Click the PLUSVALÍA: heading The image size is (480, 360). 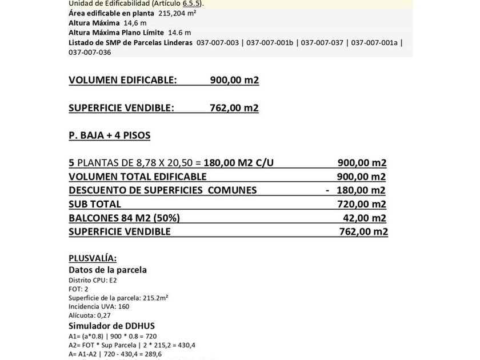(93, 258)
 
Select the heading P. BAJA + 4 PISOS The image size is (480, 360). (109, 135)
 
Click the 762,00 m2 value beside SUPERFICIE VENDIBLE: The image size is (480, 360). (234, 108)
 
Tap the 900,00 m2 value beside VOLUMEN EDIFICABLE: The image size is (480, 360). (234, 80)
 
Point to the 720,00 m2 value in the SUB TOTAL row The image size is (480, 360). (362, 204)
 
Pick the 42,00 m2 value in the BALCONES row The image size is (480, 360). (364, 218)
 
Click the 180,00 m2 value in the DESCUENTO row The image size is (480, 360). (361, 190)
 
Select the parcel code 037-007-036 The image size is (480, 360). (90, 52)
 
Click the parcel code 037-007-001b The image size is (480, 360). (270, 42)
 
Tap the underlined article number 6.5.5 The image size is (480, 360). (191, 3)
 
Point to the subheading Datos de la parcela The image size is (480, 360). (107, 270)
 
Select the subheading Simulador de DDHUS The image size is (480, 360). (111, 326)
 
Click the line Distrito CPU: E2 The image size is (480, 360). (93, 280)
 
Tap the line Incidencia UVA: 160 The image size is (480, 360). (99, 306)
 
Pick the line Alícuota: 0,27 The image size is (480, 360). (90, 315)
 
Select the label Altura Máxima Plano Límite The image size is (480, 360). (116, 33)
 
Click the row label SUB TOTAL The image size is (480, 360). (95, 204)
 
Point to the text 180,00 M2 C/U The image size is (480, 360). (238, 163)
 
